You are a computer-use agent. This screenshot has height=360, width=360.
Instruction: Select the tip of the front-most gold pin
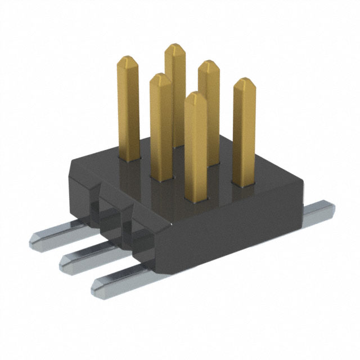(195, 97)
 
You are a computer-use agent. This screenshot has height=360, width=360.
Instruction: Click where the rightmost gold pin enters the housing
(244, 183)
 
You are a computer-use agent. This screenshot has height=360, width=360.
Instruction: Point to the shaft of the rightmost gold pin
(244, 135)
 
